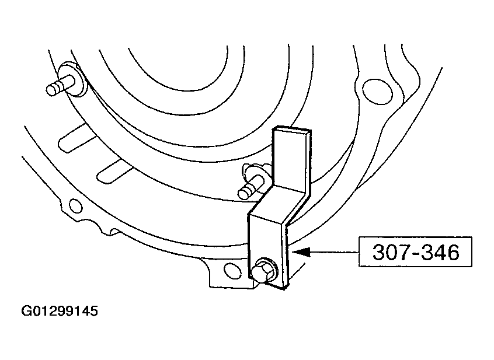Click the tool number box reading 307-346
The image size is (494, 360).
pos(415,251)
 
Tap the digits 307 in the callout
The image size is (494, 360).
pos(388,252)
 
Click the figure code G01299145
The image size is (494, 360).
pos(60,311)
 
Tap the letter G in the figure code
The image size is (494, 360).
pos(26,311)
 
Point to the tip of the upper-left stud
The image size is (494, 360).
pos(51,90)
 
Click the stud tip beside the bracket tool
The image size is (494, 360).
pos(243,193)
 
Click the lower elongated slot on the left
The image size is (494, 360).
pos(115,170)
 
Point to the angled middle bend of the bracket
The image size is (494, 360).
pos(277,205)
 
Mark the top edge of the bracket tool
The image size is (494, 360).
pos(292,130)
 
